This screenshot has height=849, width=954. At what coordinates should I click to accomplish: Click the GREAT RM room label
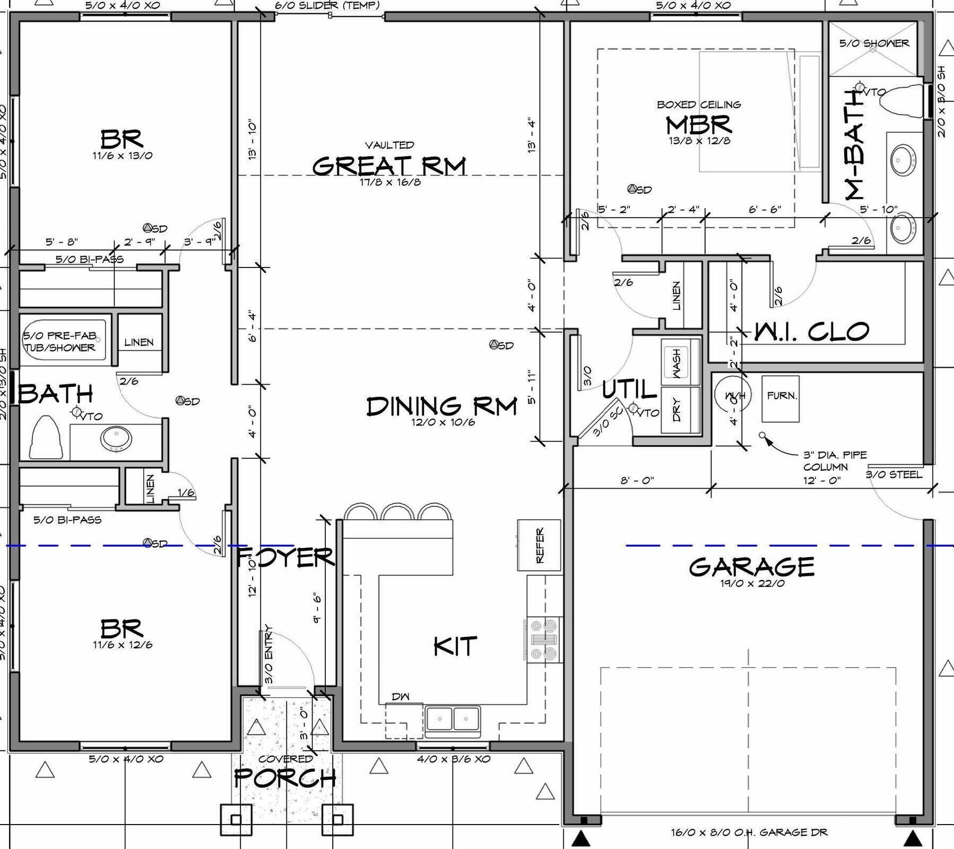389,166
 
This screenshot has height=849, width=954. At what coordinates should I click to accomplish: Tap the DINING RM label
441,406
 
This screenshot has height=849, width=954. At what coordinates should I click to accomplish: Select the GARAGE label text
751,567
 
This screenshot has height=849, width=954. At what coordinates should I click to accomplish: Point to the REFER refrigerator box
539,545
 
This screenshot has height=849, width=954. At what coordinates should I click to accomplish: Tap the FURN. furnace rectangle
781,398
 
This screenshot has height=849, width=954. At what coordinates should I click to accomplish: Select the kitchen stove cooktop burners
544,640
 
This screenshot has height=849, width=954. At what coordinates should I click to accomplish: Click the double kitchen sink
452,720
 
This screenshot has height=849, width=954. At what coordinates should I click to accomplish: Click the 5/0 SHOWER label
874,43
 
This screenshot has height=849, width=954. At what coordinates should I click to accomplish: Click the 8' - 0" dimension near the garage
637,480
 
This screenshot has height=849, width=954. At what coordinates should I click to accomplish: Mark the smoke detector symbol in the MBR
632,189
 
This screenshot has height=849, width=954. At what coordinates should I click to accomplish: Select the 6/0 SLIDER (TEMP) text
327,5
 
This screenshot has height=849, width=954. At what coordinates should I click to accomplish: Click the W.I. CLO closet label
812,332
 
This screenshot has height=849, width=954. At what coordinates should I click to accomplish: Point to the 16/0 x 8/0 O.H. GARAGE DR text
749,832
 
